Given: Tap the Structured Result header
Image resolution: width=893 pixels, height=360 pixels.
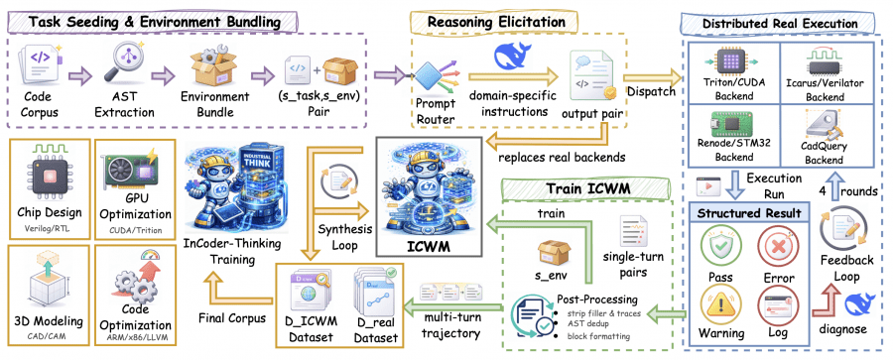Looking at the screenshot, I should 749,211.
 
